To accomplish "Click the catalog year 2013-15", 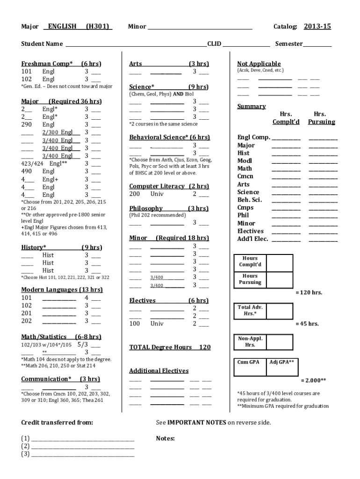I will (317, 27).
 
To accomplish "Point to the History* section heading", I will (34, 247).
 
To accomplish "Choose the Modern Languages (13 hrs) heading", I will (62, 290).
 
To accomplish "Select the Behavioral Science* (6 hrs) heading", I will (169, 138).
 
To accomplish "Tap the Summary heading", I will (251, 107).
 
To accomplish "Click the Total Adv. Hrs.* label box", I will (250, 311).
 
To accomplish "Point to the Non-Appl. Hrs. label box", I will (250, 341).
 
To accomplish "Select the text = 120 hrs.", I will (309, 293).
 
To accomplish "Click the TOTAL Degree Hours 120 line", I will (170, 347).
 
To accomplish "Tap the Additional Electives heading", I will (158, 371).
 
